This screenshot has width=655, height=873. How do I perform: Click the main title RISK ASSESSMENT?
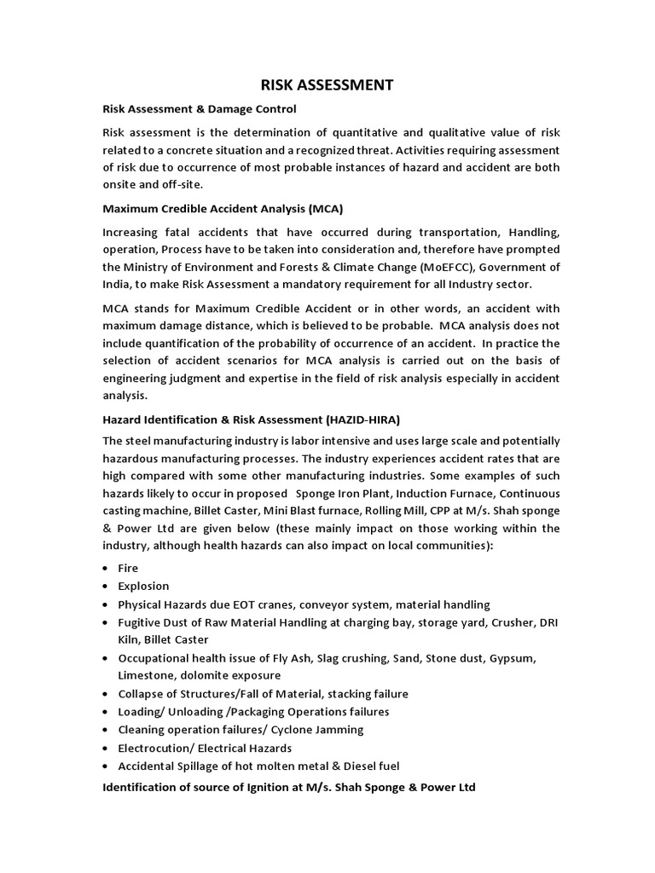[x=327, y=84]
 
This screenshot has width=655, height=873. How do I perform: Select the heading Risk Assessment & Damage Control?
[x=199, y=109]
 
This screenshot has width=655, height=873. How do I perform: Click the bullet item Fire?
[x=128, y=568]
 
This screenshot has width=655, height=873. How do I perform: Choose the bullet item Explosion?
[x=143, y=586]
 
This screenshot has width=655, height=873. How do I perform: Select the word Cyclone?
[x=310, y=730]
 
